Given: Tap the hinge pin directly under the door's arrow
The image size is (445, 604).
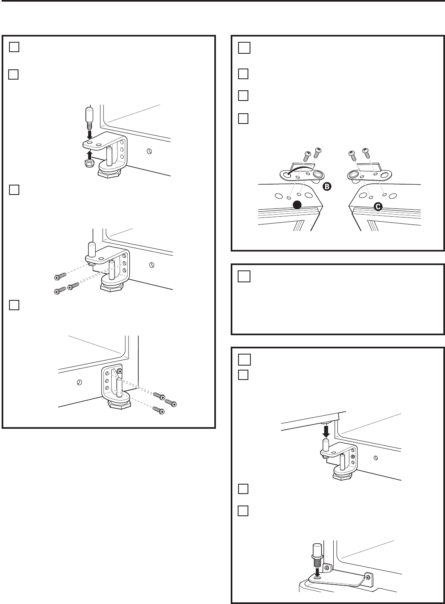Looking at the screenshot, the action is [x=326, y=444].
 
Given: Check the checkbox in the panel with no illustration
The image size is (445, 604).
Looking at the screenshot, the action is [x=243, y=277].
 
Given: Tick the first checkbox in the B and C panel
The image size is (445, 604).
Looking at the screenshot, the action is [x=243, y=48].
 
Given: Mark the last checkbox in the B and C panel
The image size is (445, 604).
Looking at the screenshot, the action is [x=243, y=119].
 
